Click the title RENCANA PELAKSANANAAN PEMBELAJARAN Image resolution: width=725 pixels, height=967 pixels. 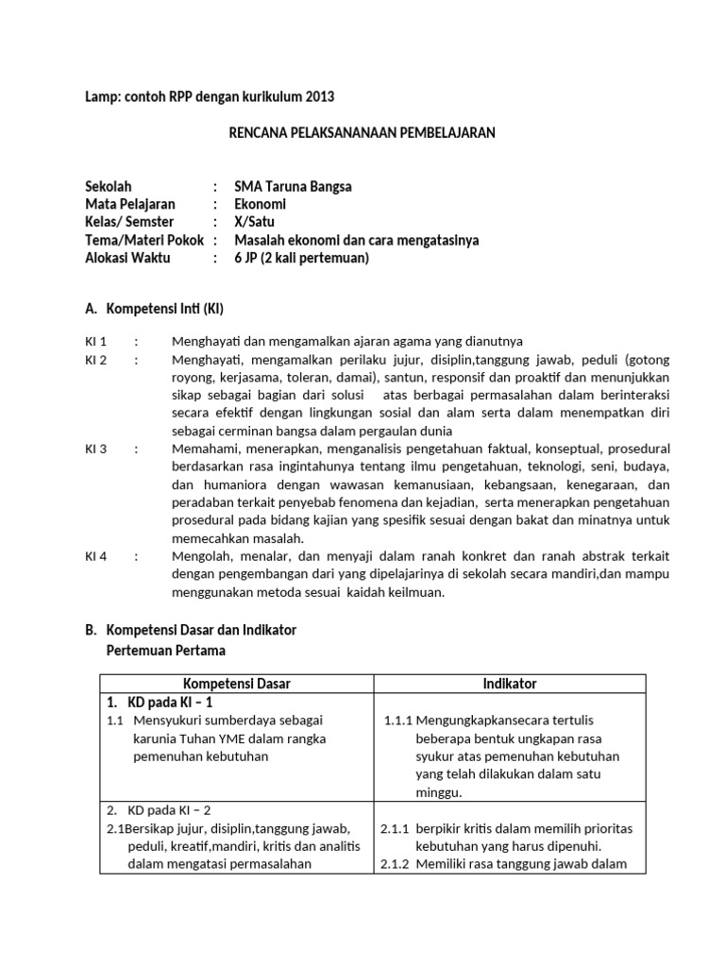(362, 133)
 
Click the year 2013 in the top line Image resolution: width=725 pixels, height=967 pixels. (317, 96)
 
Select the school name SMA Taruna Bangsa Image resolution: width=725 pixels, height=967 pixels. (293, 186)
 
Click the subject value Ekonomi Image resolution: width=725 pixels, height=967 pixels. (260, 204)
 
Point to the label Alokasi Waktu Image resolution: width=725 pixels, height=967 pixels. (127, 258)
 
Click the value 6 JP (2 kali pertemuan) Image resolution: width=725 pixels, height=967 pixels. (301, 258)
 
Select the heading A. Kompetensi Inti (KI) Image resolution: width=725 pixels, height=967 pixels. (155, 309)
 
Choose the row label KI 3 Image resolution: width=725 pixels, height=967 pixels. (96, 449)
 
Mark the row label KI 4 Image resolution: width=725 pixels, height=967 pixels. (96, 556)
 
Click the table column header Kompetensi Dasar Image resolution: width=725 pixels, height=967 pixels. (237, 684)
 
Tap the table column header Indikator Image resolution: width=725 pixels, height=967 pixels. (510, 684)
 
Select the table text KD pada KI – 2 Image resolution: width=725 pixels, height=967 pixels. (165, 809)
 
